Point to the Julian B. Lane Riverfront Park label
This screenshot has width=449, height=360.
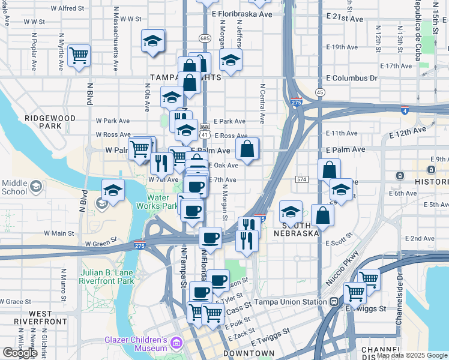tap(107, 277)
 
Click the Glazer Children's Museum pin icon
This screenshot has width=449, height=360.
tap(176, 343)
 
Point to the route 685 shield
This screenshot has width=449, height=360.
tap(205, 38)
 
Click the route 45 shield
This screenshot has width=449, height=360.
tap(320, 92)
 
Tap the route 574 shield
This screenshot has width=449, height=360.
tap(302, 179)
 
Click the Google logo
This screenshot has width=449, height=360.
tap(20, 353)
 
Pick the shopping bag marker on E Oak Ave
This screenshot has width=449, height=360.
tap(247, 150)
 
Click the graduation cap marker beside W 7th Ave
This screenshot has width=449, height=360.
tap(113, 191)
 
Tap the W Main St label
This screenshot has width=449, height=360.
tap(59, 233)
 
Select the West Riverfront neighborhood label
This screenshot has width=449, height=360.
tap(49, 317)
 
